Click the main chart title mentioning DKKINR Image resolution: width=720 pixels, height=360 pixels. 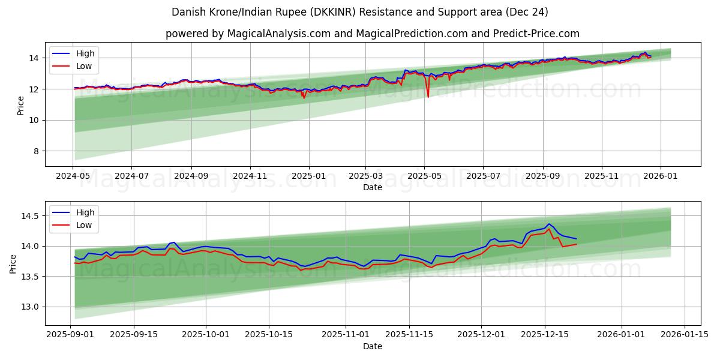point(360,12)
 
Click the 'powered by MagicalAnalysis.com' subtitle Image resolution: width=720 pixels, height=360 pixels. point(372,34)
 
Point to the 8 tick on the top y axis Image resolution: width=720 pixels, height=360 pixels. point(35,151)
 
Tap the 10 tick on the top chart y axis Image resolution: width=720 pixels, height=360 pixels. point(34,120)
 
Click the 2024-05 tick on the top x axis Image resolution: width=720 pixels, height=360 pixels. point(73,176)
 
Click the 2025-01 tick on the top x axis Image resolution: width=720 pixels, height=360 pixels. point(309,176)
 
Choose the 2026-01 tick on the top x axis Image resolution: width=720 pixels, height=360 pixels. point(661,176)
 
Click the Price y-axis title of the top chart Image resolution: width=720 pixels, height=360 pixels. point(21,106)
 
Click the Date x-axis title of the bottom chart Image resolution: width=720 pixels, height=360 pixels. point(372,346)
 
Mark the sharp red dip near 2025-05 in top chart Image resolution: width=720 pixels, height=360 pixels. point(428,96)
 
